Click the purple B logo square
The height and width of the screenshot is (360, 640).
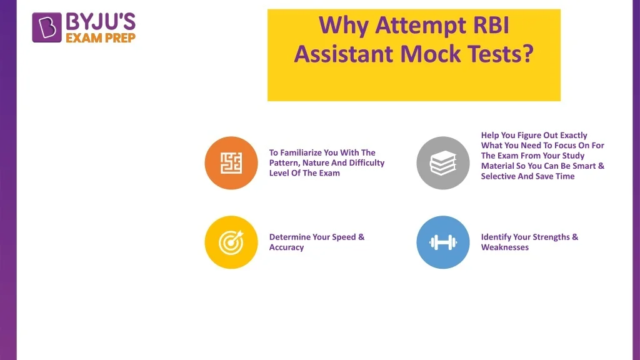pyautogui.click(x=46, y=27)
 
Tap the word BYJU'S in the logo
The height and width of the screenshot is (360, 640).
pyautogui.click(x=101, y=22)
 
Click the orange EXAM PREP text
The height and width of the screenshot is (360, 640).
pyautogui.click(x=101, y=38)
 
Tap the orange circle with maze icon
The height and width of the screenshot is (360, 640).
pyautogui.click(x=231, y=163)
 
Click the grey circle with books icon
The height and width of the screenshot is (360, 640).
pyautogui.click(x=443, y=163)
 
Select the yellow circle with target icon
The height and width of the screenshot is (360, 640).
pyautogui.click(x=231, y=242)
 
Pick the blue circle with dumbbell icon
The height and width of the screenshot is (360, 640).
pyautogui.click(x=443, y=242)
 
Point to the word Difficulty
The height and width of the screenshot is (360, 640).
pyautogui.click(x=366, y=163)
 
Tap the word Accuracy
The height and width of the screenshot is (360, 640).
pyautogui.click(x=286, y=247)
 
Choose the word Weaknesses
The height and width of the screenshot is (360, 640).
pyautogui.click(x=504, y=247)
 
